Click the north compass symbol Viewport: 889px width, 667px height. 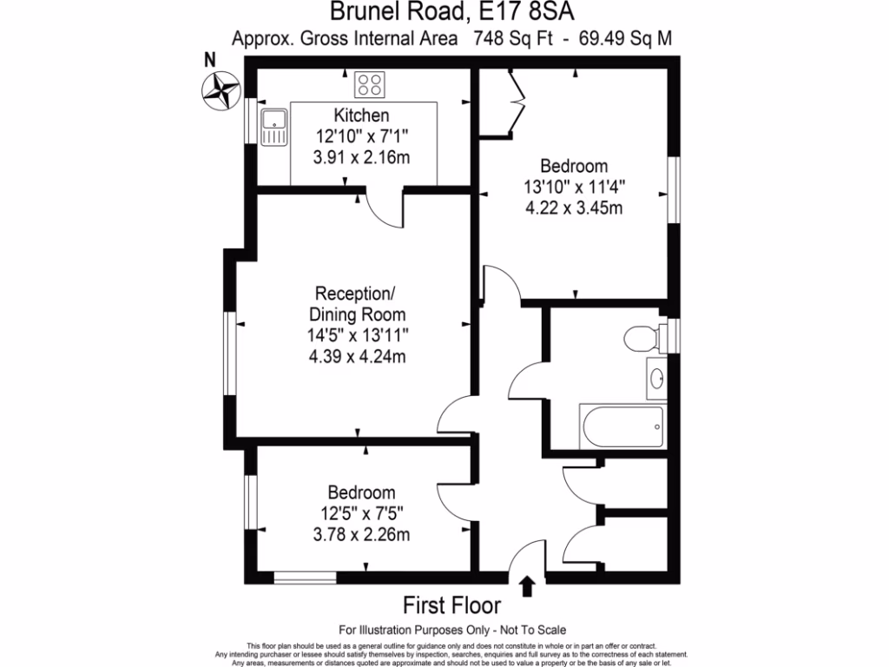(220, 89)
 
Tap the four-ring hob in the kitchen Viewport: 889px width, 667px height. (369, 85)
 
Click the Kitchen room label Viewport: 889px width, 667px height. (361, 116)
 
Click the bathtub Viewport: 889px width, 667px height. (623, 425)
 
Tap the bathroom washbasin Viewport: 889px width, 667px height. (657, 378)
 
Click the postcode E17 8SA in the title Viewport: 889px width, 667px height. (529, 12)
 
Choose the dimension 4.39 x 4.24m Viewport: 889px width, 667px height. (361, 355)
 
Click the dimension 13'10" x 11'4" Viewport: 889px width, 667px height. (574, 187)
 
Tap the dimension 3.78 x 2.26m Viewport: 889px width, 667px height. (361, 534)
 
